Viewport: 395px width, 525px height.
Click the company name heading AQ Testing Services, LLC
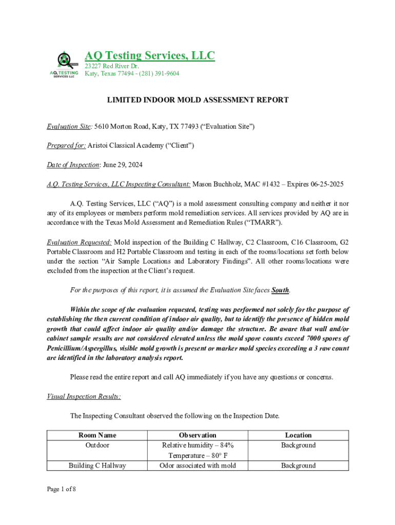(150, 55)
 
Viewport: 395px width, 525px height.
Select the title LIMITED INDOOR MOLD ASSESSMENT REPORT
(197, 100)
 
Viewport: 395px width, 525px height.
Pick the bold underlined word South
(280, 290)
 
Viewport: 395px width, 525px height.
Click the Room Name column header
(97, 435)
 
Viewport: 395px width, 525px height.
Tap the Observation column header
(197, 435)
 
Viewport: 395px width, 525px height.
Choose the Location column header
(298, 435)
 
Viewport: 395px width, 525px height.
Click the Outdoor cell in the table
(97, 446)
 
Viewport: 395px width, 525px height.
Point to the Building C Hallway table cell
(97, 466)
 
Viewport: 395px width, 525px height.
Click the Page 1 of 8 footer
(62, 489)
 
